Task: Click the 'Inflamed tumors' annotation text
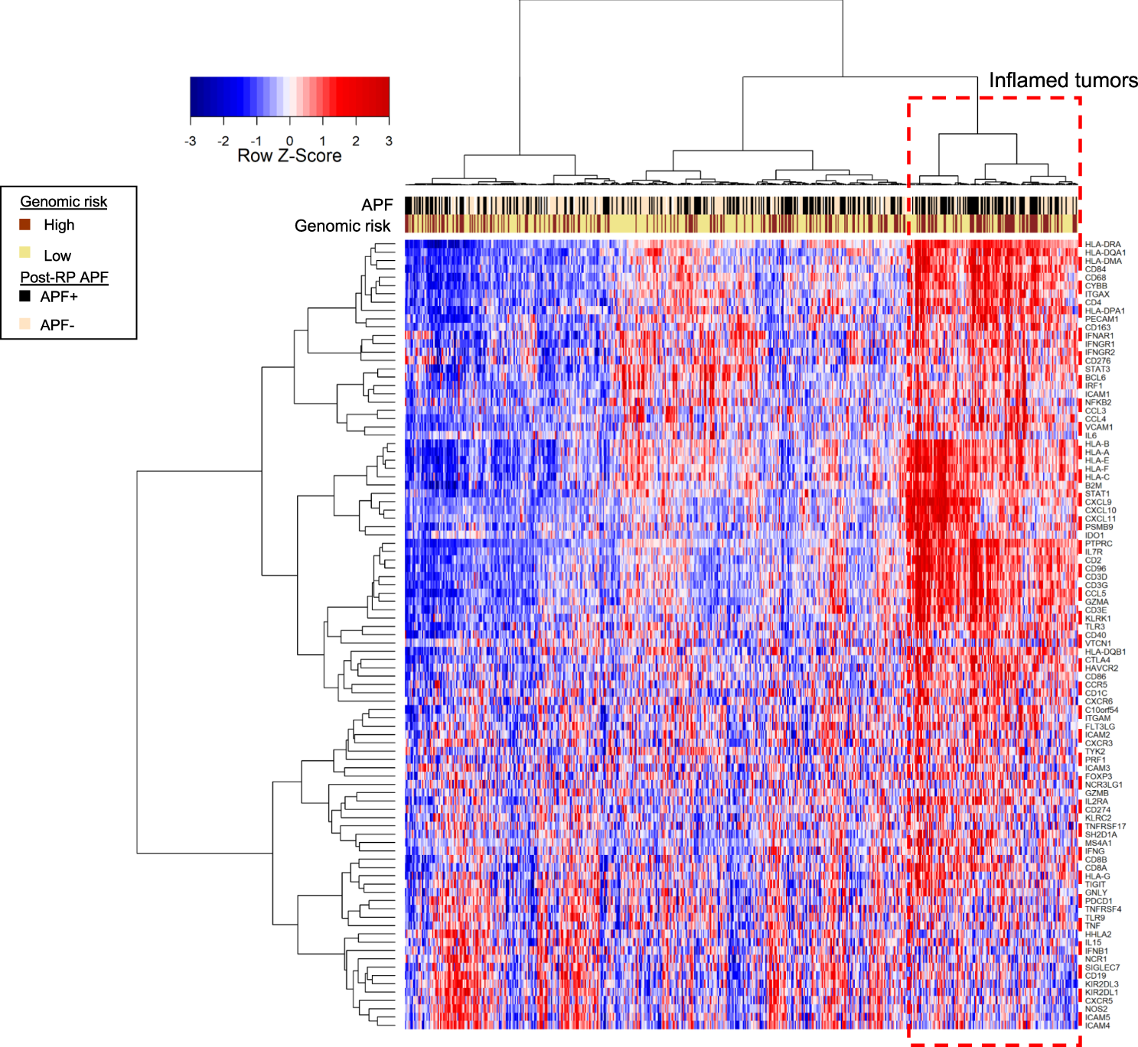1062,80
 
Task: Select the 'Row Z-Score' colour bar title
289,156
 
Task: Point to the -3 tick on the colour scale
191,141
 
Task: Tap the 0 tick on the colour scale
289,141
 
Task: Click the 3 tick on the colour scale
389,141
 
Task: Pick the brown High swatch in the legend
25,224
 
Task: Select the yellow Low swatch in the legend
25,253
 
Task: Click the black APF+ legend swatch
25,296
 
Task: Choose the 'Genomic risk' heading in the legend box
64,202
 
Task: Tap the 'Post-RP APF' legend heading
64,278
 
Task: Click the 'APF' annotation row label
377,205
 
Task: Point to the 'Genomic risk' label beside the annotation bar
342,226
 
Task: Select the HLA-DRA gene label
1103,245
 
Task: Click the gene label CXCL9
1098,502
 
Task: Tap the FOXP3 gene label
1098,776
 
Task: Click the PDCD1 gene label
1098,901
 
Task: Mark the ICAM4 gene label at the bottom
1097,1026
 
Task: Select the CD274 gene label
1097,810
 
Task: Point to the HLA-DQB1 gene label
1105,652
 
